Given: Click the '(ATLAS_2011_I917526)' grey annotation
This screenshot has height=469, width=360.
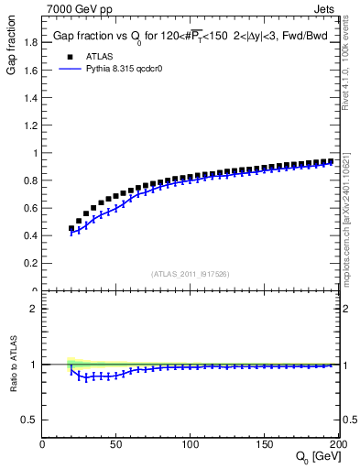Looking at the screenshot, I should (191, 274).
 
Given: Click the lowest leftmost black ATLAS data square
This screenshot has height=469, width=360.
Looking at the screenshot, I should (71, 229).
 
